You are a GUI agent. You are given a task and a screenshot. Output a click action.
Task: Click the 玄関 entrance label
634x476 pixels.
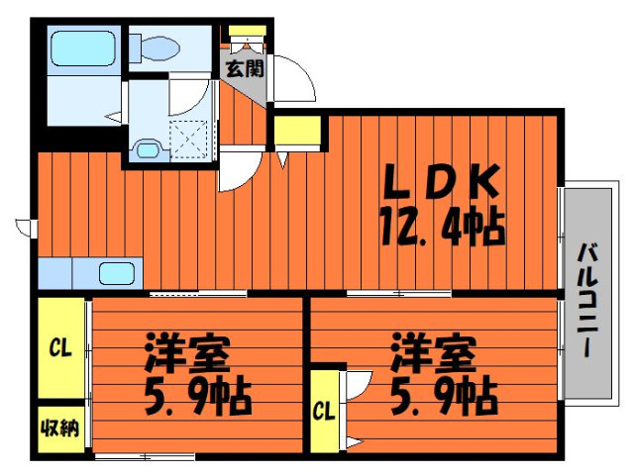pyautogui.click(x=245, y=68)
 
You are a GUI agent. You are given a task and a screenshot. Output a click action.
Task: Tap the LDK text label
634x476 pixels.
pyautogui.click(x=441, y=181)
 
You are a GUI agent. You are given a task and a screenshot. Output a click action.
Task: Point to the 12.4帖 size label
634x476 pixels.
pyautogui.click(x=443, y=228)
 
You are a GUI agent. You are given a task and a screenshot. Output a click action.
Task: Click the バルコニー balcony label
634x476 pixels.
pyautogui.click(x=586, y=300)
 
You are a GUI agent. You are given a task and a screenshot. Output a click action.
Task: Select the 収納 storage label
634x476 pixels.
pyautogui.click(x=60, y=428)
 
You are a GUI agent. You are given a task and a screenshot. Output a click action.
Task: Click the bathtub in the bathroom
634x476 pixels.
pyautogui.click(x=83, y=48)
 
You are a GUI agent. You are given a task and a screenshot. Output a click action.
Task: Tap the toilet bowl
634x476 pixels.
pyautogui.click(x=155, y=48)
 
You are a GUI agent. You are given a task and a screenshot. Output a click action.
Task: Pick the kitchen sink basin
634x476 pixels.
pyautogui.click(x=117, y=273)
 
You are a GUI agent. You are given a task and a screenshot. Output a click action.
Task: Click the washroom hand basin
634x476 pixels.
pyautogui.click(x=148, y=149)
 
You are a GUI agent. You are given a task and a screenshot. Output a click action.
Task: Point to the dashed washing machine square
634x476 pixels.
pyautogui.click(x=189, y=139)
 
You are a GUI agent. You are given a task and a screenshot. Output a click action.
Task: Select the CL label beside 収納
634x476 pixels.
pyautogui.click(x=60, y=348)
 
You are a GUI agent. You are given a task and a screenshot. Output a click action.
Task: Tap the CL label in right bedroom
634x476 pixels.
pyautogui.click(x=324, y=412)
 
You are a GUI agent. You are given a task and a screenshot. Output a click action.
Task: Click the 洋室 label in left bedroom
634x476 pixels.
pyautogui.click(x=187, y=352)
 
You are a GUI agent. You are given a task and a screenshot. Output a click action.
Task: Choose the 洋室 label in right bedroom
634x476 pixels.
pyautogui.click(x=432, y=352)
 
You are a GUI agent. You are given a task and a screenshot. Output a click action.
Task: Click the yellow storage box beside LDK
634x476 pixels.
pyautogui.click(x=297, y=130)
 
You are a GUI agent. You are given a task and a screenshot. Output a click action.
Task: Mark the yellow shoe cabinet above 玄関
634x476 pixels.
pyautogui.click(x=247, y=31)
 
